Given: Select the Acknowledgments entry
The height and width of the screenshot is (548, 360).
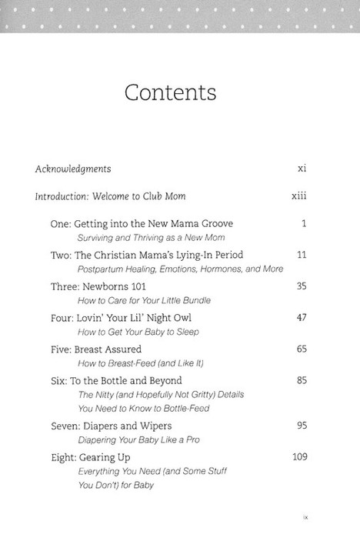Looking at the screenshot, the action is (73, 169).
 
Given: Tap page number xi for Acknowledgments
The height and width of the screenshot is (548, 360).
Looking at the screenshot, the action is (302, 169).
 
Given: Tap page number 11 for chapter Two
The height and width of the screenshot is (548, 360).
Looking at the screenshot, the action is (302, 255).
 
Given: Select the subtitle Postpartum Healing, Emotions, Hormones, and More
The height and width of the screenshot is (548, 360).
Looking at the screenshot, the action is (180, 269).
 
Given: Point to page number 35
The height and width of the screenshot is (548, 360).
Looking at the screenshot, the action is (301, 286).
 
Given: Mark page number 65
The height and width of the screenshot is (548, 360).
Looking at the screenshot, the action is (301, 349).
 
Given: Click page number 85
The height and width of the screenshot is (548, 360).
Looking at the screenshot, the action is (301, 380).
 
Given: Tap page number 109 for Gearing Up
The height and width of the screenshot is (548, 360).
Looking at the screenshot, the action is (299, 457).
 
